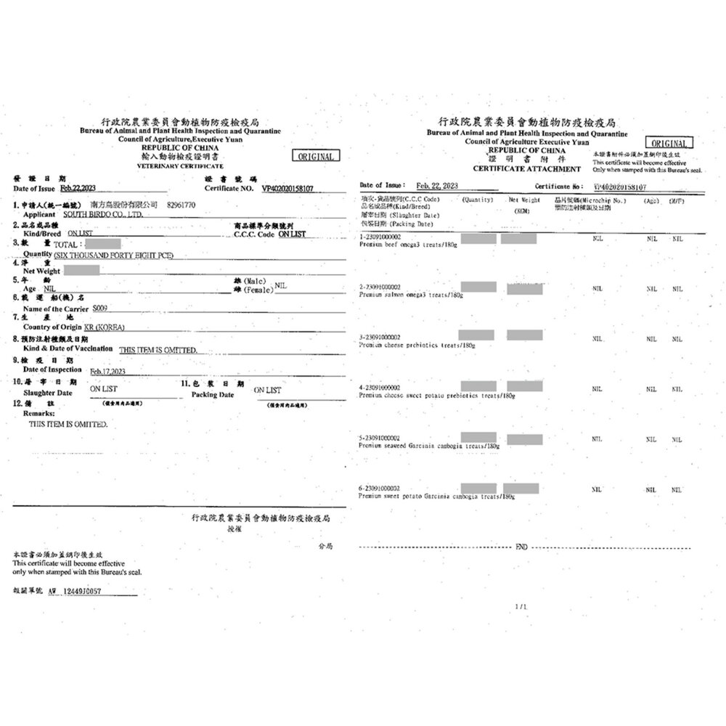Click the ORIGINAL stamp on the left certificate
coord(315,156)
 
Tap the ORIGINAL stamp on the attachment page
coord(672,143)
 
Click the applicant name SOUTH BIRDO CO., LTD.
coord(104,215)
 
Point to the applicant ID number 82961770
coord(181,205)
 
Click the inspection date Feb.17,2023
coord(108,372)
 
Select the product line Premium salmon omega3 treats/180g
coord(412,295)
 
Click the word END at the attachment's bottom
coord(521,547)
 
